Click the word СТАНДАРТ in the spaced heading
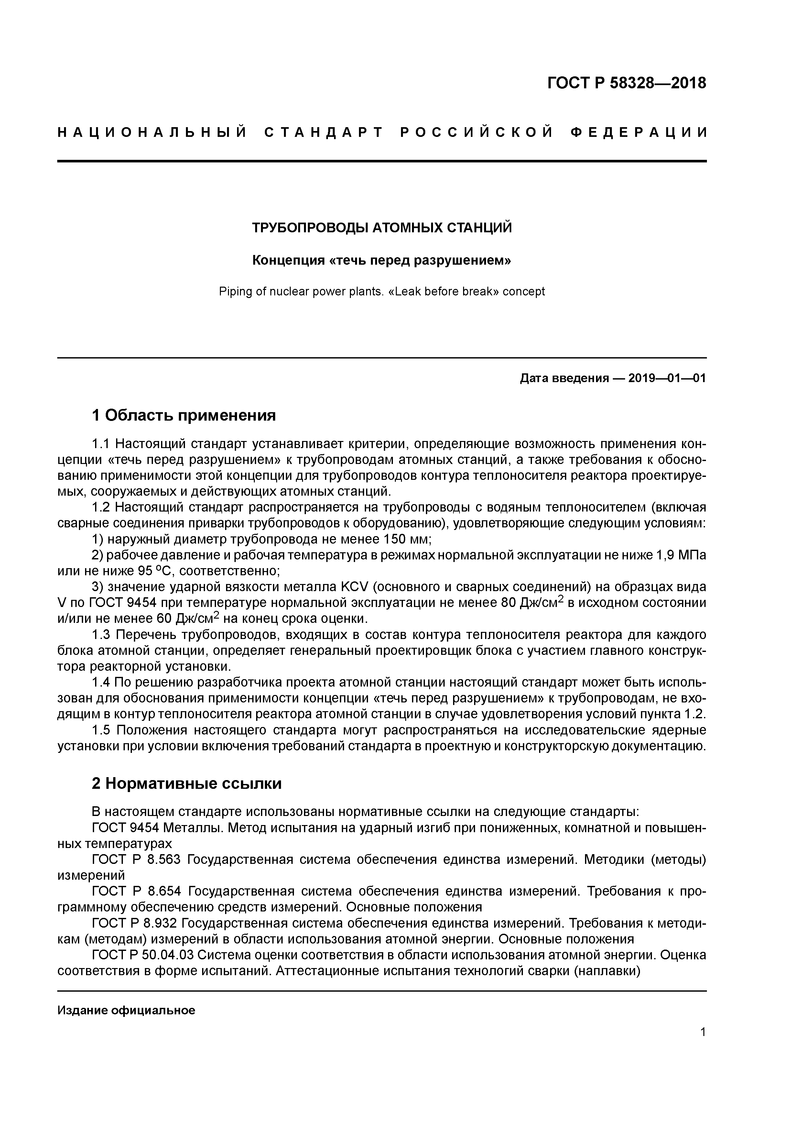tap(324, 132)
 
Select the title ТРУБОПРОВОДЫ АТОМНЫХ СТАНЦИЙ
tap(382, 227)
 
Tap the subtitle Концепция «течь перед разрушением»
tap(382, 260)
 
